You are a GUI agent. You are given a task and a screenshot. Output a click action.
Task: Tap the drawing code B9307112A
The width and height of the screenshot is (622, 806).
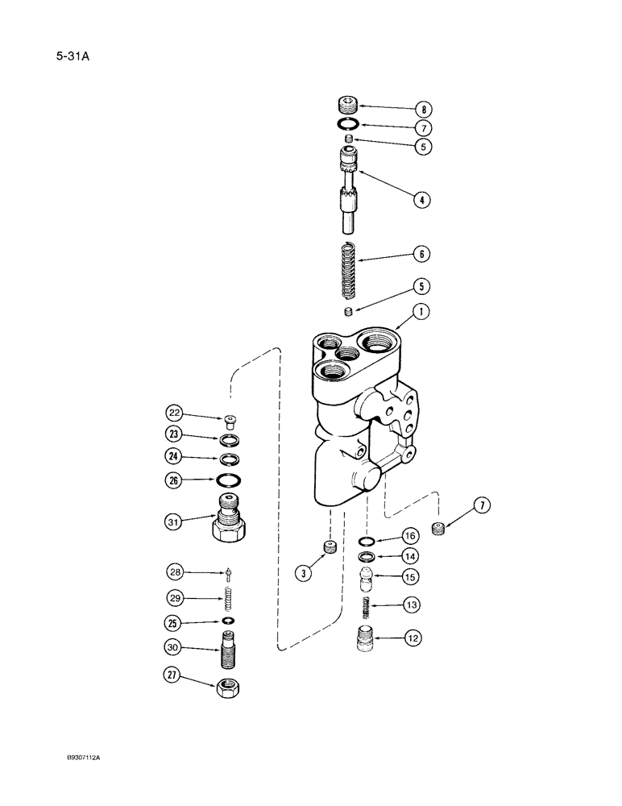coord(89,758)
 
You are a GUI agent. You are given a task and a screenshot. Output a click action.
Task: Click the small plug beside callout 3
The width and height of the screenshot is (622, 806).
coord(329,548)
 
